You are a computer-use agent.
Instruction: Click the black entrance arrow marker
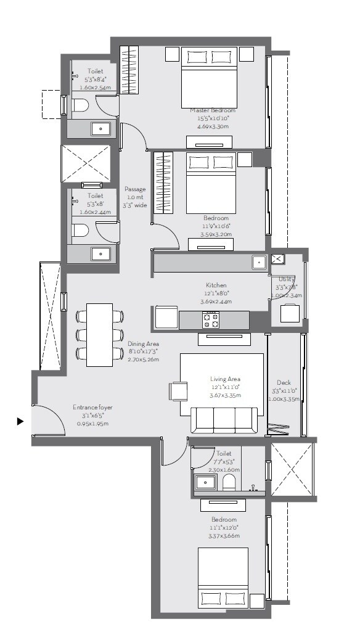click(20, 422)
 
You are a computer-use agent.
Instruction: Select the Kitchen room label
click(217, 285)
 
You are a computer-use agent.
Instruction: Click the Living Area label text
click(225, 379)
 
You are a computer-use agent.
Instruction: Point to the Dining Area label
click(143, 343)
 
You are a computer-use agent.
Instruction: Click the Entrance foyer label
click(92, 408)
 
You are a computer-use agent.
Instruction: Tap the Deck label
click(284, 382)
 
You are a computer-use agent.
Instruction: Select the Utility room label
click(287, 279)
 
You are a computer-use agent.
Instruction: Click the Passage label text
click(134, 189)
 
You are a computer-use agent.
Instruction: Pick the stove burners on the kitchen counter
click(211, 320)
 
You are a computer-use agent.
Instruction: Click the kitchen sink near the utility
click(259, 262)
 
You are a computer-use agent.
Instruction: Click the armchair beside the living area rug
click(179, 392)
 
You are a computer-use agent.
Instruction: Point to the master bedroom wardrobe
click(129, 70)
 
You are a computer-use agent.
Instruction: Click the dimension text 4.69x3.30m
click(213, 126)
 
